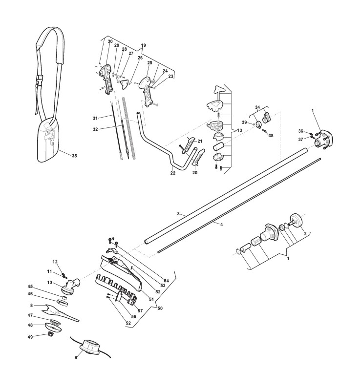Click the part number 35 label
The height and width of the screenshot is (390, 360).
(x=74, y=156)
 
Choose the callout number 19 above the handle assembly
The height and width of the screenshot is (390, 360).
(x=143, y=45)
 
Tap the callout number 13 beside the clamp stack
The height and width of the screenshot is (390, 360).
(x=239, y=131)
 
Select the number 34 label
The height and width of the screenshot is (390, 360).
(x=258, y=106)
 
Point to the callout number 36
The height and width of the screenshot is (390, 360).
(x=301, y=130)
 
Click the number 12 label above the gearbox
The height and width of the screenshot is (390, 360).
(x=55, y=262)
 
